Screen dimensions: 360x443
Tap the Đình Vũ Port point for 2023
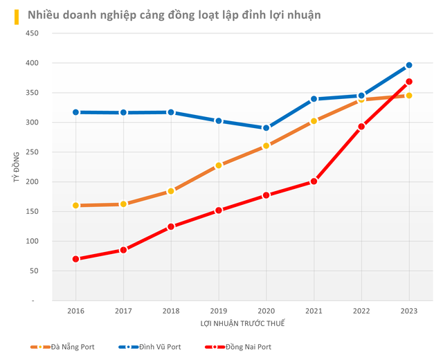(x=409, y=65)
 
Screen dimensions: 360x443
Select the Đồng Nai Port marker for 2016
(x=75, y=259)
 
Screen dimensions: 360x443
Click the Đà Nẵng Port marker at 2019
(x=219, y=165)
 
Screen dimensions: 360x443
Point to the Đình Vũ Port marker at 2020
(x=266, y=128)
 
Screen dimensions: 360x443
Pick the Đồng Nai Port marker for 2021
(x=314, y=181)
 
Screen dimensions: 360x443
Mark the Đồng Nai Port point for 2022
(x=361, y=127)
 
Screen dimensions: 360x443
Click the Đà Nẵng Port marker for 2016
(x=75, y=206)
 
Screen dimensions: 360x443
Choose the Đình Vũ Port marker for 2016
(x=75, y=112)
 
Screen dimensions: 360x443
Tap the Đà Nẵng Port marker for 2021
(x=314, y=121)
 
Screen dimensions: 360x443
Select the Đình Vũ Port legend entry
(x=152, y=347)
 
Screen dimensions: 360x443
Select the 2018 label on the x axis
(x=171, y=312)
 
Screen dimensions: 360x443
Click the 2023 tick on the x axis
(x=409, y=312)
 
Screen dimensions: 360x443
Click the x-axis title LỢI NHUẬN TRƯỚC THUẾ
(x=242, y=323)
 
